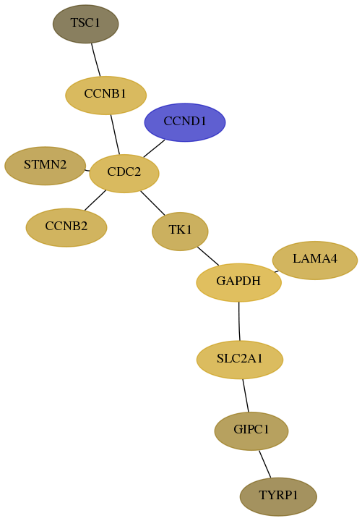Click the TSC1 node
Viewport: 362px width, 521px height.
85,24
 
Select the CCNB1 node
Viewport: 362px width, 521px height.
105,96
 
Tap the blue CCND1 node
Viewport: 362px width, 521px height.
185,122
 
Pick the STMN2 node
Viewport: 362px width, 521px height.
45,166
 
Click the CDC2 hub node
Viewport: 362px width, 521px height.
124,174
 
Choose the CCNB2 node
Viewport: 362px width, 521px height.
66,228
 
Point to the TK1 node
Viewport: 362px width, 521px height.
180,232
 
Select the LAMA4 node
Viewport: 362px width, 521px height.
315,260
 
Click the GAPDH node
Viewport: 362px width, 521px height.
239,282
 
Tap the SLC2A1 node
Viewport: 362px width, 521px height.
240,360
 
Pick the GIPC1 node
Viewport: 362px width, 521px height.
251,431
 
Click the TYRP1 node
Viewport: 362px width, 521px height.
278,496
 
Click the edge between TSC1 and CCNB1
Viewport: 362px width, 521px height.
96,60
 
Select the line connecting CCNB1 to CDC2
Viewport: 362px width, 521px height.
115,135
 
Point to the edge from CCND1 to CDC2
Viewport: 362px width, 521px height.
154,148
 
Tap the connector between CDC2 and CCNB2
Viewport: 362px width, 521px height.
95,200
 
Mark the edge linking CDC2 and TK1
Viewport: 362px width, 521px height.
152,203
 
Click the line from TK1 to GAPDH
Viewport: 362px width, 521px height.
208,256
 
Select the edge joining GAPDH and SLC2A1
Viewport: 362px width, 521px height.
239,321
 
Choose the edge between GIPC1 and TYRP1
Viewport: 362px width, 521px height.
264,464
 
